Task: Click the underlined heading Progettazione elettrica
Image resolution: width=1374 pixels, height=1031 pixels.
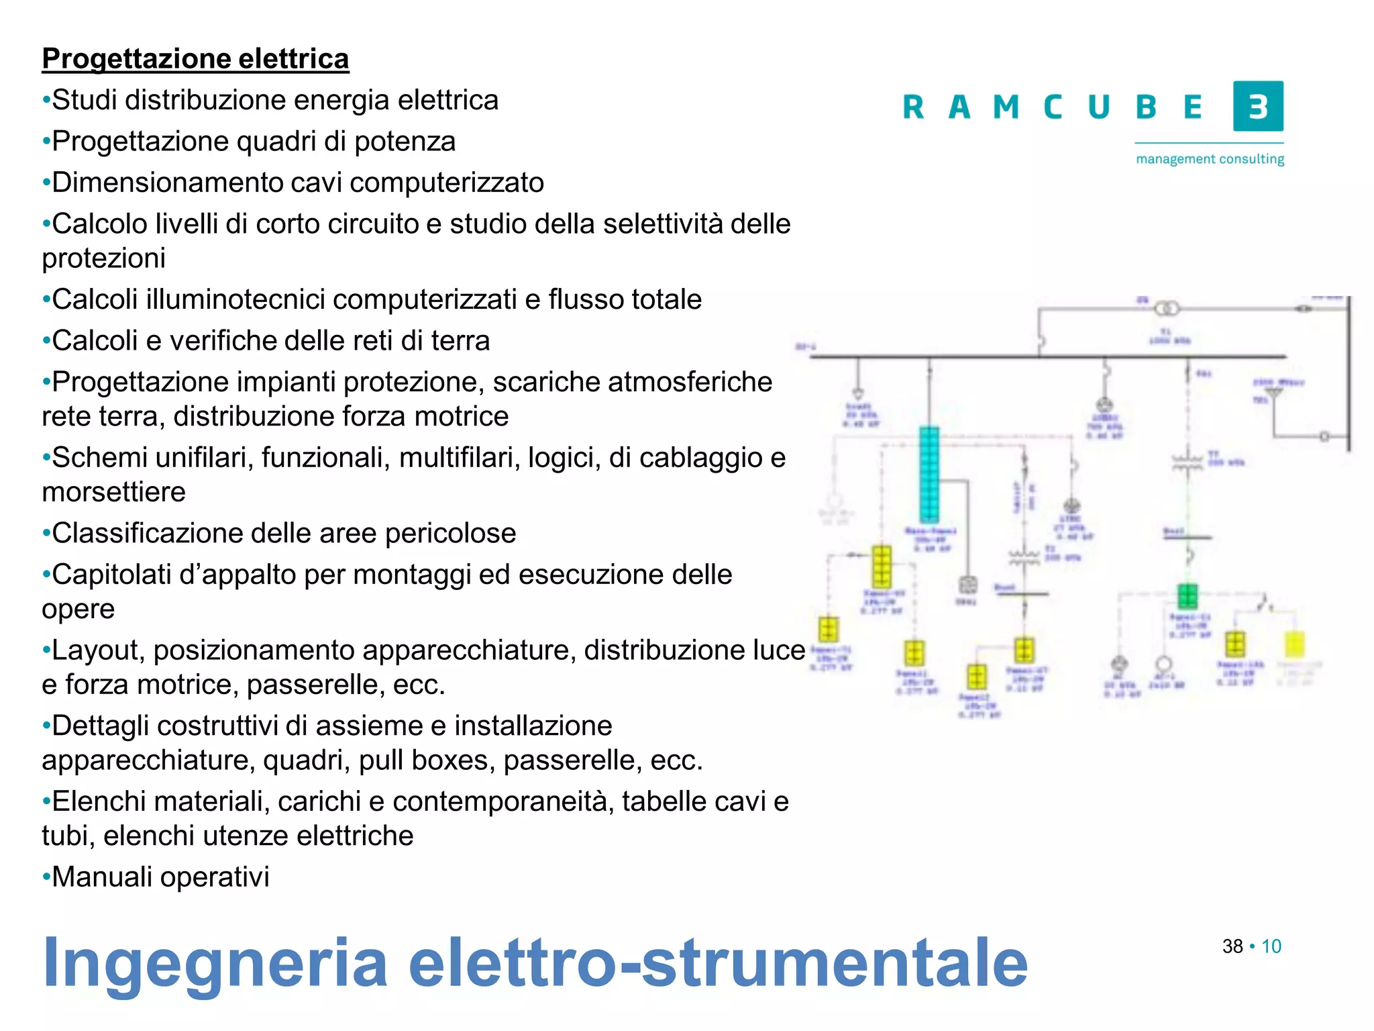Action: pos(195,59)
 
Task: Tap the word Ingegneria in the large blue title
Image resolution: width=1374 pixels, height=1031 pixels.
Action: pos(215,963)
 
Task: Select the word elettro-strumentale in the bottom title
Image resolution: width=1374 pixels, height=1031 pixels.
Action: pos(718,963)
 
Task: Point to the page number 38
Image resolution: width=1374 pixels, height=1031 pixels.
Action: pos(1232,946)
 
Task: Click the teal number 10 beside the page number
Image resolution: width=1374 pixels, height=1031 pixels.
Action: pos(1271,946)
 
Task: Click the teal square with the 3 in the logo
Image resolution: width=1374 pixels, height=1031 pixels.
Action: pos(1258,106)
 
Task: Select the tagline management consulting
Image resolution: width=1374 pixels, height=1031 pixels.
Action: pos(1210,159)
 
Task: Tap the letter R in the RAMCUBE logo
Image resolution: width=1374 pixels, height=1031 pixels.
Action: pos(913,107)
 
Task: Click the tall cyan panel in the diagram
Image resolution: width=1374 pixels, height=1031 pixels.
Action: pos(929,474)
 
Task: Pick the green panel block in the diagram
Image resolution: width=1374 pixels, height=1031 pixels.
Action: pos(1187,595)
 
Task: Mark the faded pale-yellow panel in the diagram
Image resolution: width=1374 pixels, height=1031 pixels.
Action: pos(1294,644)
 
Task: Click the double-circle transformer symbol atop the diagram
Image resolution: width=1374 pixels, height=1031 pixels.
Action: pos(1167,309)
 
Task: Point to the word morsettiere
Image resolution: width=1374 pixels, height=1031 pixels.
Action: pos(113,492)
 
